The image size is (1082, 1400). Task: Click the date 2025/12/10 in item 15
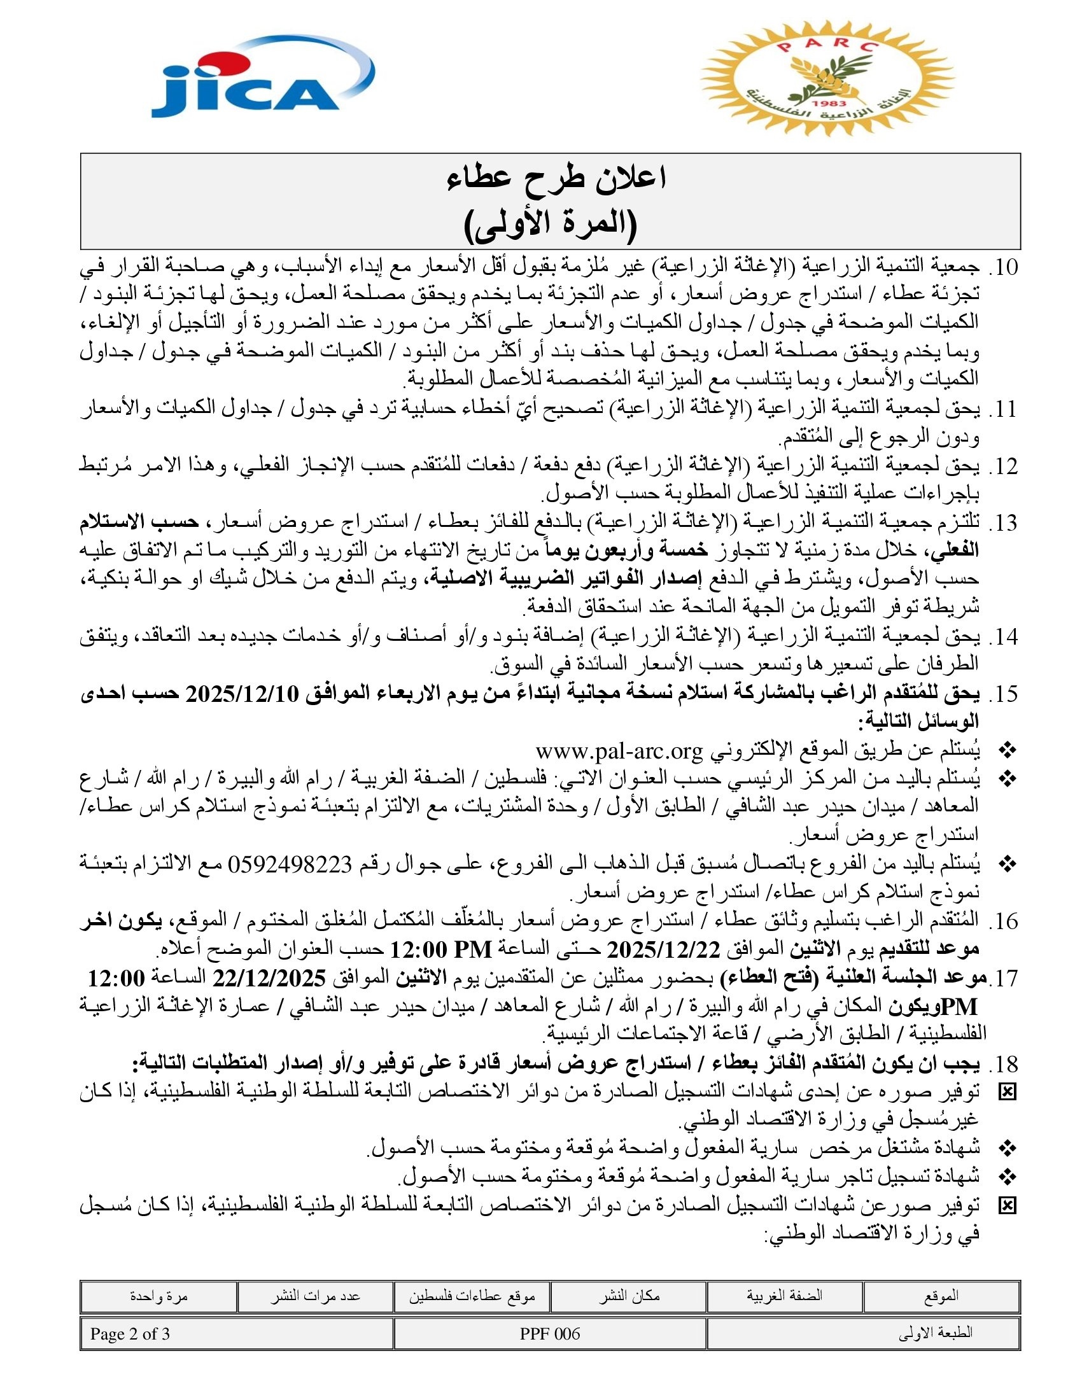tap(242, 694)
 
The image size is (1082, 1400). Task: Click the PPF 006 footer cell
tap(550, 1334)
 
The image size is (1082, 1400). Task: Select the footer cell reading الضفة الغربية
tap(784, 1296)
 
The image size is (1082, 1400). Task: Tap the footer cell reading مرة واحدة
tap(158, 1296)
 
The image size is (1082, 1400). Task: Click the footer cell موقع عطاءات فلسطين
tap(472, 1296)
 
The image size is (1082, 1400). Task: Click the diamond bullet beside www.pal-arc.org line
tap(1008, 750)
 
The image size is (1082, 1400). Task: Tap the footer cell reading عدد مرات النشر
tap(314, 1296)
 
